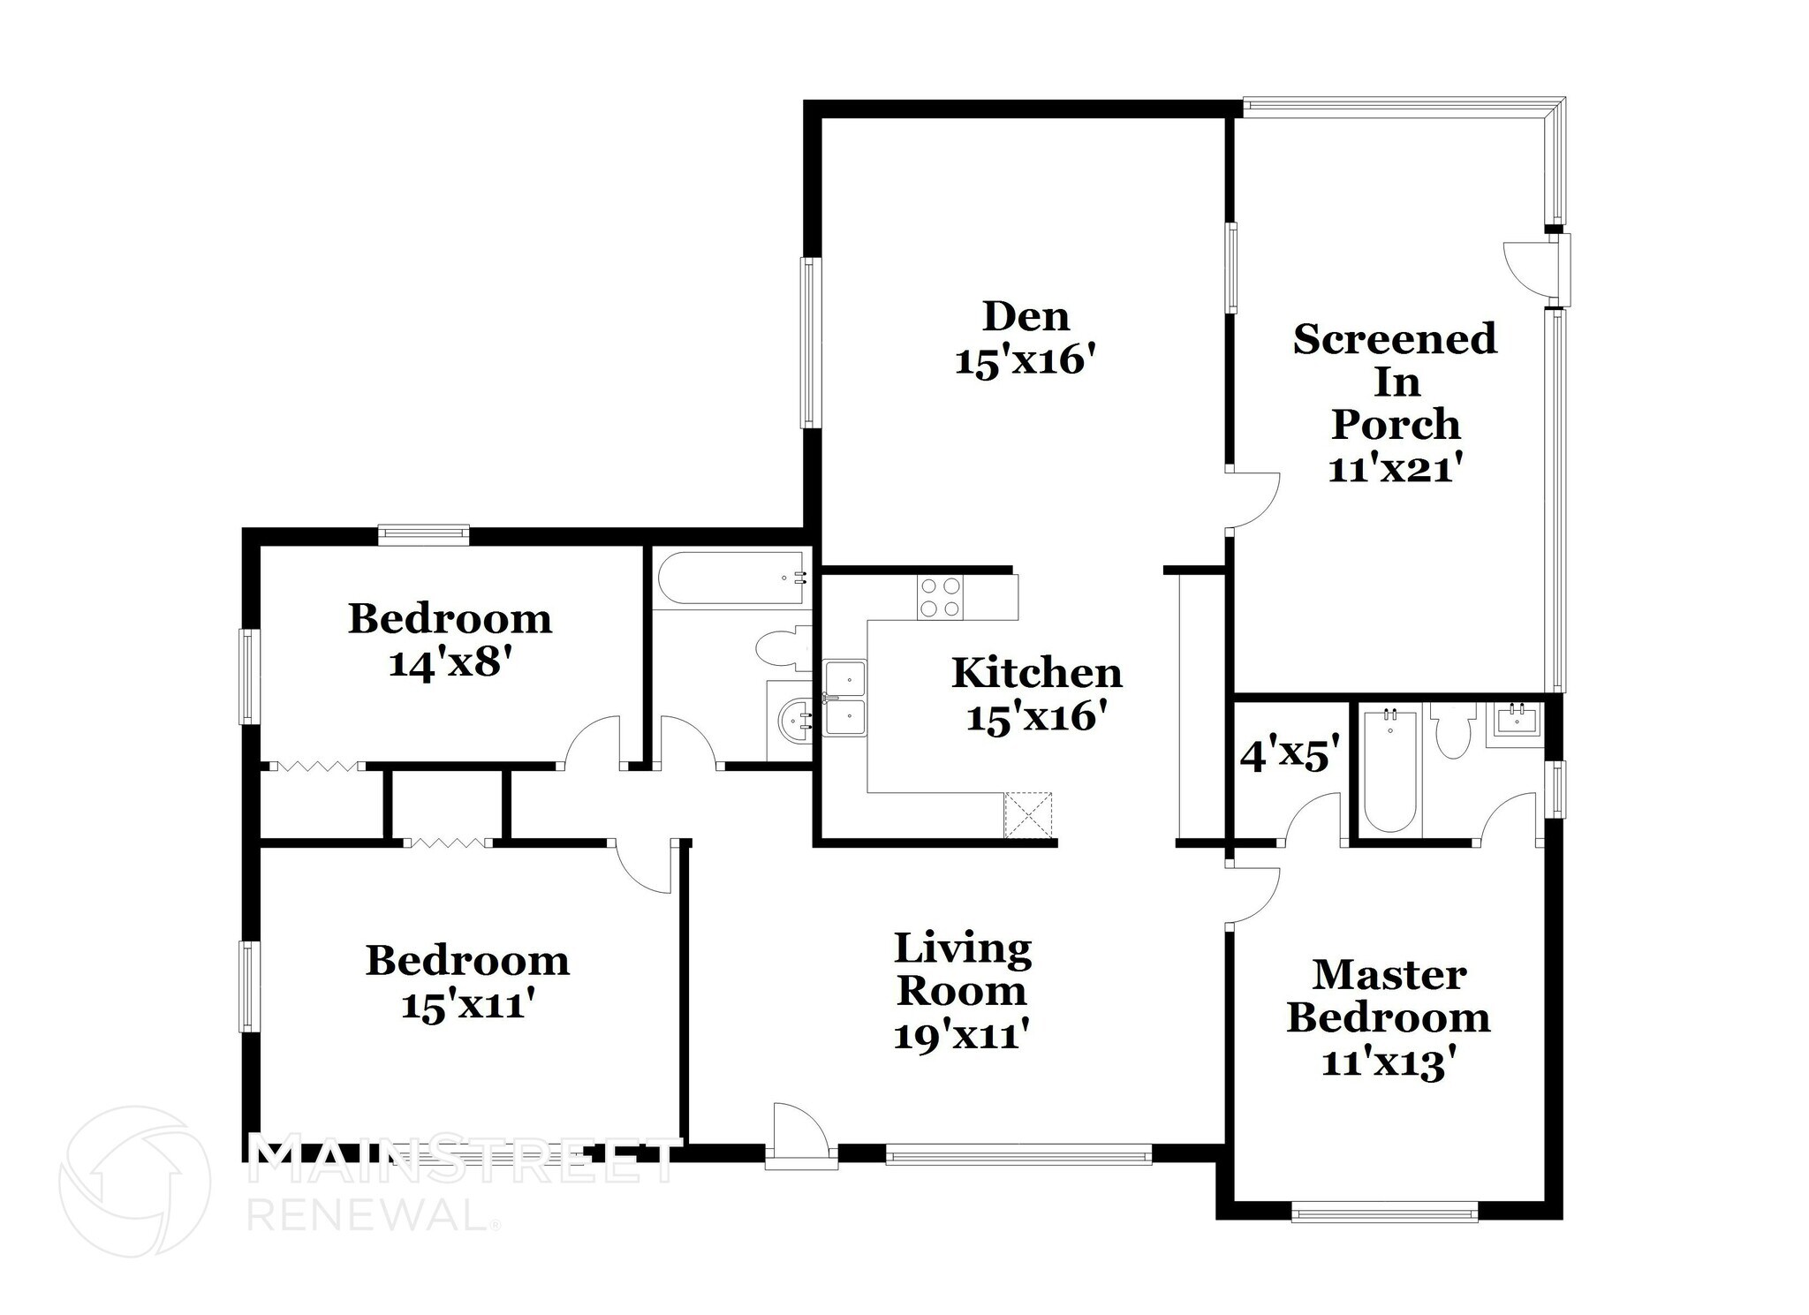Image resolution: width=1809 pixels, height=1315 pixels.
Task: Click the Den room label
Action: point(1026,317)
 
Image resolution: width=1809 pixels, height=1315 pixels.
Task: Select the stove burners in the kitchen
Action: point(940,597)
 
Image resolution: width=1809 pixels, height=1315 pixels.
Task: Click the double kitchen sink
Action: point(845,698)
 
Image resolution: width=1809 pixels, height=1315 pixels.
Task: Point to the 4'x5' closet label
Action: point(1290,756)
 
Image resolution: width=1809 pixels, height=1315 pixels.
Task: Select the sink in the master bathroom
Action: point(1515,721)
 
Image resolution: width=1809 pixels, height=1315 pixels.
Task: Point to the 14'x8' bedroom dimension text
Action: point(450,663)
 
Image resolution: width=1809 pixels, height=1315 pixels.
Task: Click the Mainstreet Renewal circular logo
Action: point(135,1181)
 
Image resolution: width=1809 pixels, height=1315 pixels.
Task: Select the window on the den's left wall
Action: point(810,342)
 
